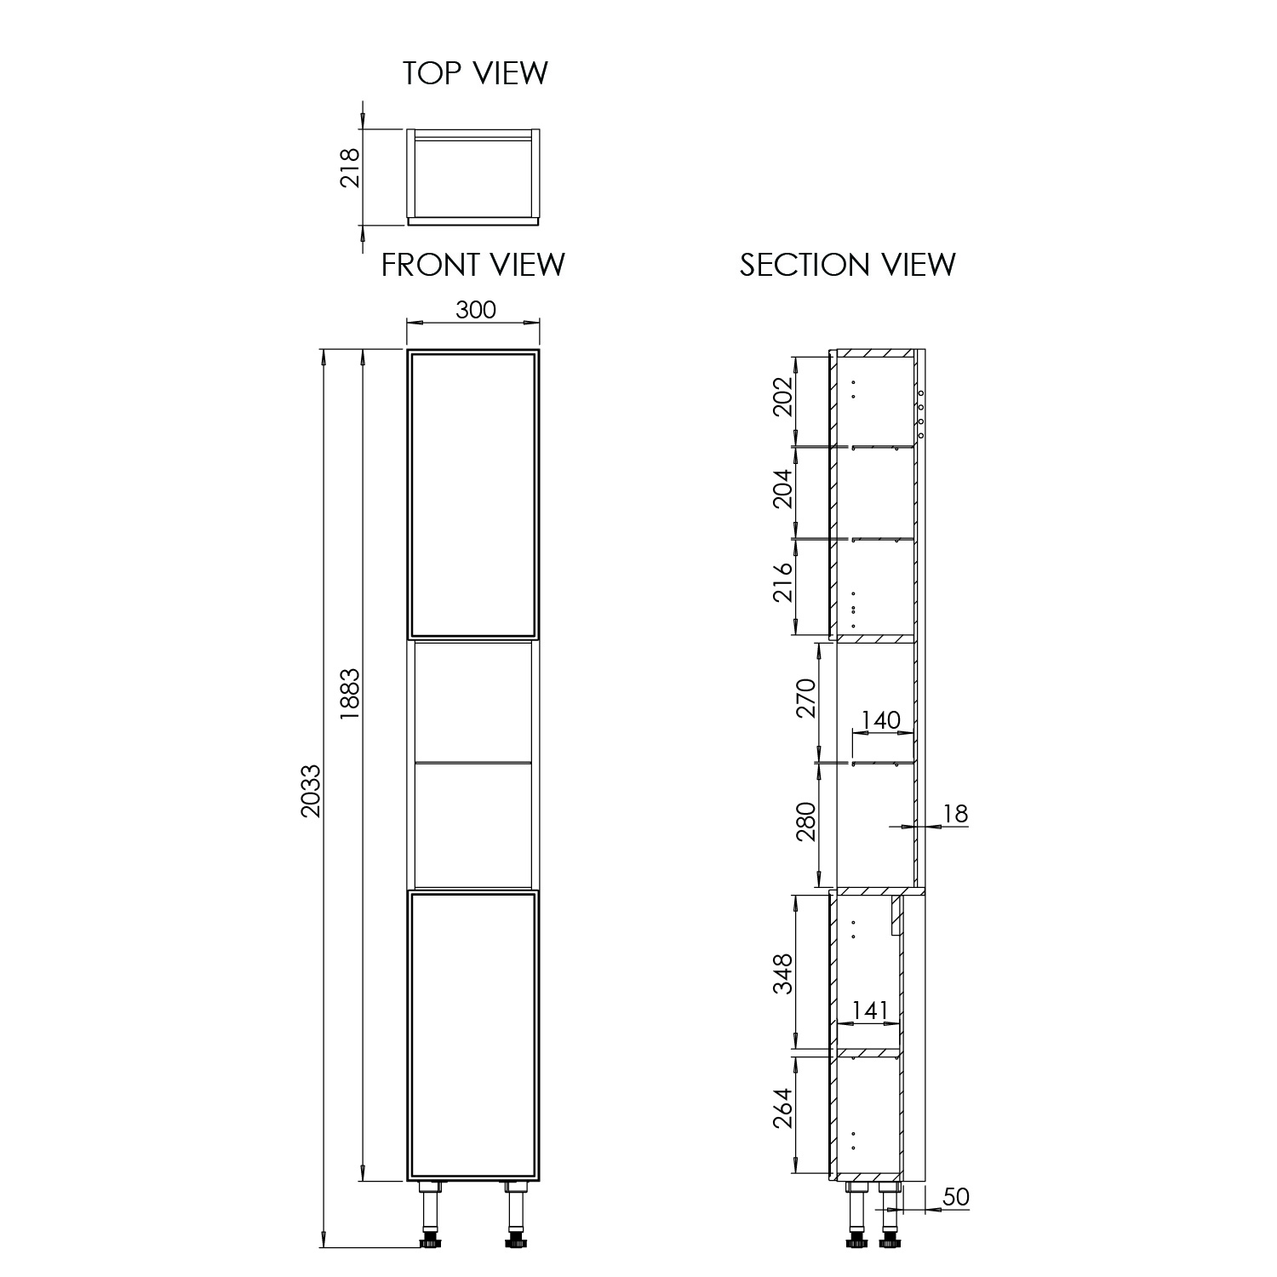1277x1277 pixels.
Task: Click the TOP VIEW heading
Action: click(x=475, y=73)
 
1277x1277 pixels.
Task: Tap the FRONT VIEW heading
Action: click(x=472, y=265)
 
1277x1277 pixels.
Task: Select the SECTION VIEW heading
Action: click(x=847, y=265)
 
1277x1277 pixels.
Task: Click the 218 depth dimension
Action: click(x=351, y=168)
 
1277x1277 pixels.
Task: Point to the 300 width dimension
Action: click(x=476, y=309)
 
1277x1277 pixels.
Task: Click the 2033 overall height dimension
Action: click(x=312, y=790)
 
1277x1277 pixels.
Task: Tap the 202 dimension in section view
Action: click(x=782, y=396)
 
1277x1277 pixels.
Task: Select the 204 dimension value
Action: click(x=782, y=490)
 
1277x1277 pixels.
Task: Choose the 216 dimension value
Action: click(x=782, y=582)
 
